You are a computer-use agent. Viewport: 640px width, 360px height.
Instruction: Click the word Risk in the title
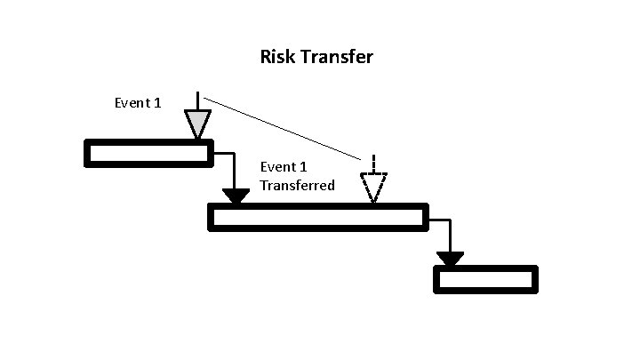276,57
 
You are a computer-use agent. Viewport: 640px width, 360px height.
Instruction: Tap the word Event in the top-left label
132,103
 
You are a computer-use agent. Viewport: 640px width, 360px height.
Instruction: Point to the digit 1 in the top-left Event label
157,103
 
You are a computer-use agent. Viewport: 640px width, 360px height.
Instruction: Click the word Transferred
297,185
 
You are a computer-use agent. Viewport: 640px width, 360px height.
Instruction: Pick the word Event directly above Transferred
278,166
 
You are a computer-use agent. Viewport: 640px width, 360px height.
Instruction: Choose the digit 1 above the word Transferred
303,166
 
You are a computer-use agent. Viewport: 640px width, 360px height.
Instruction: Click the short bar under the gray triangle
148,154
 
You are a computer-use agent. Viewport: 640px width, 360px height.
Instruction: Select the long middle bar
317,217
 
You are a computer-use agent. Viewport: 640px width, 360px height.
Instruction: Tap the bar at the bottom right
485,279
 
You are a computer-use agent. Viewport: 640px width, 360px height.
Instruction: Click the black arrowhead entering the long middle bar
236,196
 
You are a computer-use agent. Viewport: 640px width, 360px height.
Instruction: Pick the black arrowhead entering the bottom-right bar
450,259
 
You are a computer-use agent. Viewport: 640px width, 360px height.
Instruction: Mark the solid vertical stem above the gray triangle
197,100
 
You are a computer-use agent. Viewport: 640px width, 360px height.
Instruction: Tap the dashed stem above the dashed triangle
374,164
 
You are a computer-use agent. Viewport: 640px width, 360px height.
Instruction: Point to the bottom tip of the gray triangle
197,137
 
